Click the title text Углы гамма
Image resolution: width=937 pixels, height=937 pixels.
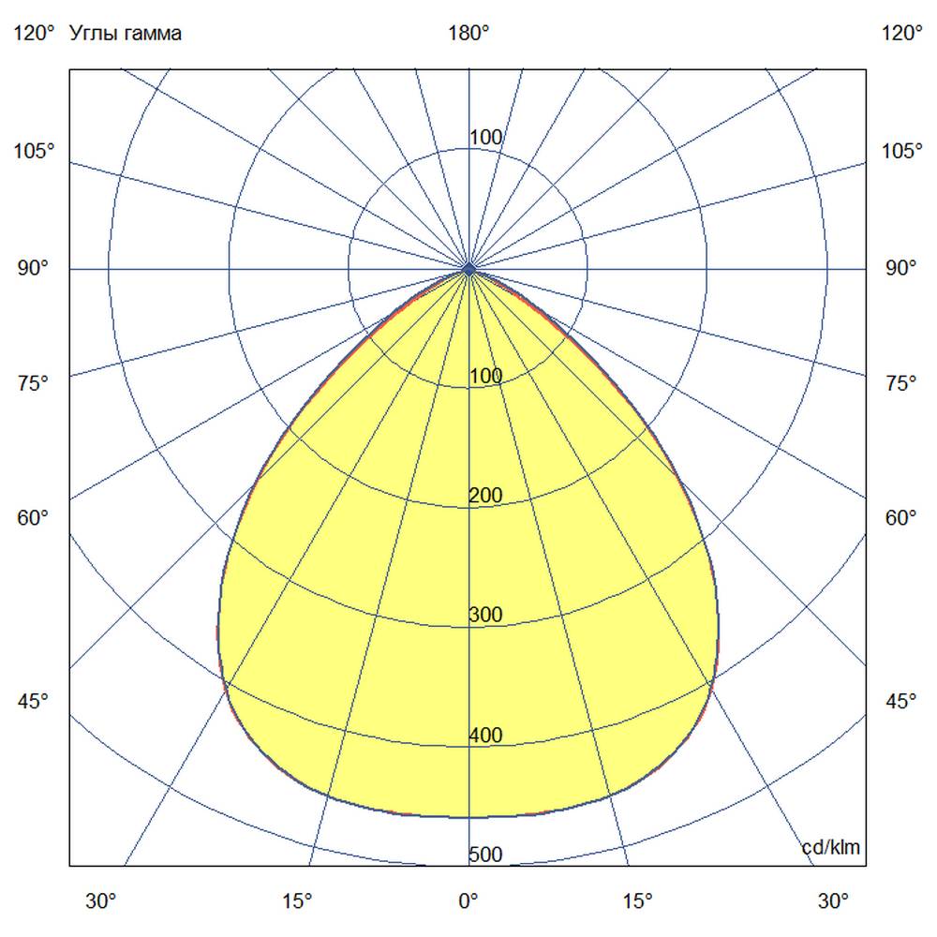pos(126,34)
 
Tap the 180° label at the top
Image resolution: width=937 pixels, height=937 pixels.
pos(468,34)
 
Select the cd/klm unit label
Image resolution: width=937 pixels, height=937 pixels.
pos(831,847)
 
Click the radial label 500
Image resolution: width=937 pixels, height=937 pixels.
pos(485,855)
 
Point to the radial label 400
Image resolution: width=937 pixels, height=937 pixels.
pos(485,736)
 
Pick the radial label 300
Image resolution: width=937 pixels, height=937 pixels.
pos(485,616)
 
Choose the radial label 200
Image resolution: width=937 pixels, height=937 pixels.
pos(485,496)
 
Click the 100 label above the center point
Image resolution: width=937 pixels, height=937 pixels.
pos(485,139)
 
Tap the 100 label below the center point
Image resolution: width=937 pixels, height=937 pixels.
pos(485,377)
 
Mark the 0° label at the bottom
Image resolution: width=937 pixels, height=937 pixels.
pos(468,901)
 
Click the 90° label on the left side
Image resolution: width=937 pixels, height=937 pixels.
pos(34,269)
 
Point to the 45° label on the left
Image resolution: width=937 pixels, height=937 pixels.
pos(34,701)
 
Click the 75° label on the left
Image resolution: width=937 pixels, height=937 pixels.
pos(34,382)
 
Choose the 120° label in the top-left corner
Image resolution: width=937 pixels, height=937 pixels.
pos(34,34)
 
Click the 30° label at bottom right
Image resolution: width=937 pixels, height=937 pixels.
pos(833,901)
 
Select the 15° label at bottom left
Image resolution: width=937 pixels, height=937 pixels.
pos(297,901)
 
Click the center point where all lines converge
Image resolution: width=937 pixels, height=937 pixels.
pos(469,269)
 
